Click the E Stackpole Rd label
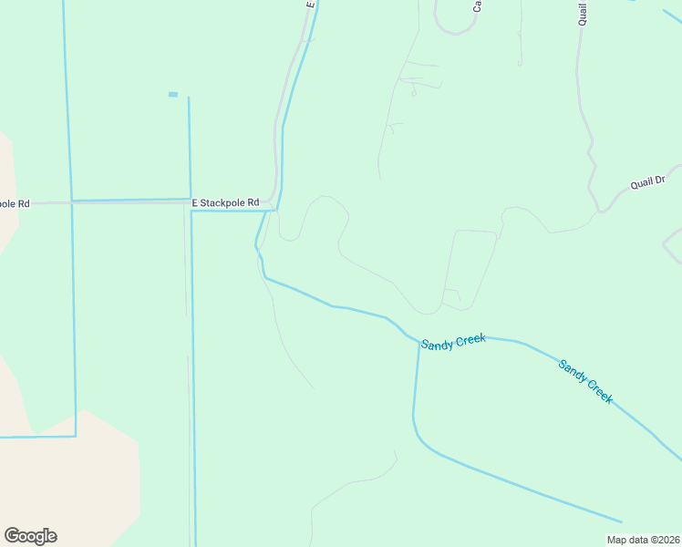click(x=225, y=202)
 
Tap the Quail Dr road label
click(x=647, y=183)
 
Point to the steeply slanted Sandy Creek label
click(x=585, y=381)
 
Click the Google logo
click(x=30, y=536)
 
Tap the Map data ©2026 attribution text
click(x=643, y=540)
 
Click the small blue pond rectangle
click(x=173, y=94)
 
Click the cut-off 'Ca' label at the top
click(x=476, y=5)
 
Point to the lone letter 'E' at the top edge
click(x=310, y=5)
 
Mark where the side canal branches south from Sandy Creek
click(x=419, y=344)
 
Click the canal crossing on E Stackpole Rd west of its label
click(x=72, y=201)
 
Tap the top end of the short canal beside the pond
click(x=189, y=98)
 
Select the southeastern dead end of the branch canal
click(x=621, y=522)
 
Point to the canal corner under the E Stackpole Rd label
click(x=191, y=212)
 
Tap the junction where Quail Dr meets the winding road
click(x=599, y=211)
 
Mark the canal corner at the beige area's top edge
click(x=75, y=436)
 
